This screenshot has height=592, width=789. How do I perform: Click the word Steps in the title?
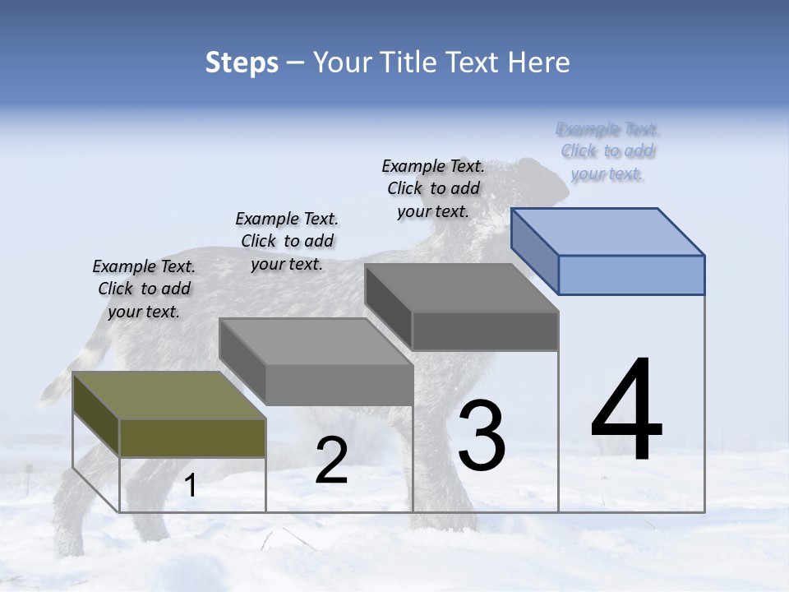(242, 62)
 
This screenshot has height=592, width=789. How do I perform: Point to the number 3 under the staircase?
(482, 435)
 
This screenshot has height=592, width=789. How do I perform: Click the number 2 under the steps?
(331, 460)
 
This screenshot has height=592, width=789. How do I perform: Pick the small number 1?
(191, 486)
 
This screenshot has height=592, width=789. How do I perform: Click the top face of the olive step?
(168, 395)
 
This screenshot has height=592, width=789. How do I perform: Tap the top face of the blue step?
(608, 231)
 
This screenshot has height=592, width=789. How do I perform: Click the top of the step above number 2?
(316, 342)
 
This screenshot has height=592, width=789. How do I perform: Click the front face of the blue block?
(631, 275)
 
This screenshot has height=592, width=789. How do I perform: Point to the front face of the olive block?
(192, 437)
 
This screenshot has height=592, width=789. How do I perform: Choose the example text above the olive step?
(144, 289)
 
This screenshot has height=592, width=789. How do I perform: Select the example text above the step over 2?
(287, 241)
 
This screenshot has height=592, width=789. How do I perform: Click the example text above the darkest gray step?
(433, 188)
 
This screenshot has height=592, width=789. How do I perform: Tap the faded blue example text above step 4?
(607, 151)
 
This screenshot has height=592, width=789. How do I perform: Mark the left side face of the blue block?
(535, 251)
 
